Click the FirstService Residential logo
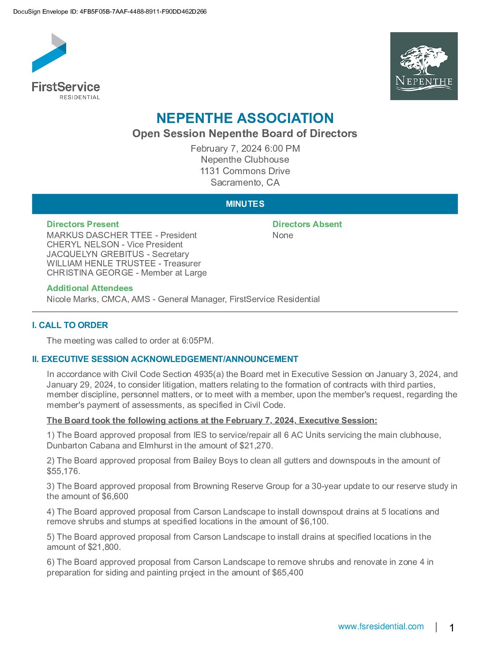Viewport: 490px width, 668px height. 66,66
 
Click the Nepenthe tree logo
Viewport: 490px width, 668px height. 424,66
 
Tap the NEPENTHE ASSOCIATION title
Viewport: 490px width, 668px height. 245,118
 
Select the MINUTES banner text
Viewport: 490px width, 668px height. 245,204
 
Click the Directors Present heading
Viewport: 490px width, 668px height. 83,224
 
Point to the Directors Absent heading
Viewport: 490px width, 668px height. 307,224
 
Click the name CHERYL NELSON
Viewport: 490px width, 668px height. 83,245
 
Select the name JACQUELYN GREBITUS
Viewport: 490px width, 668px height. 95,254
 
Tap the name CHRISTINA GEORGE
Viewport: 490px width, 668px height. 90,273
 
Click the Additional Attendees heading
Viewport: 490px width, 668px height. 90,288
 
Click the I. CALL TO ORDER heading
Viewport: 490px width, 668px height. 70,325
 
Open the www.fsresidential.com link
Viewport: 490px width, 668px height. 381,627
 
